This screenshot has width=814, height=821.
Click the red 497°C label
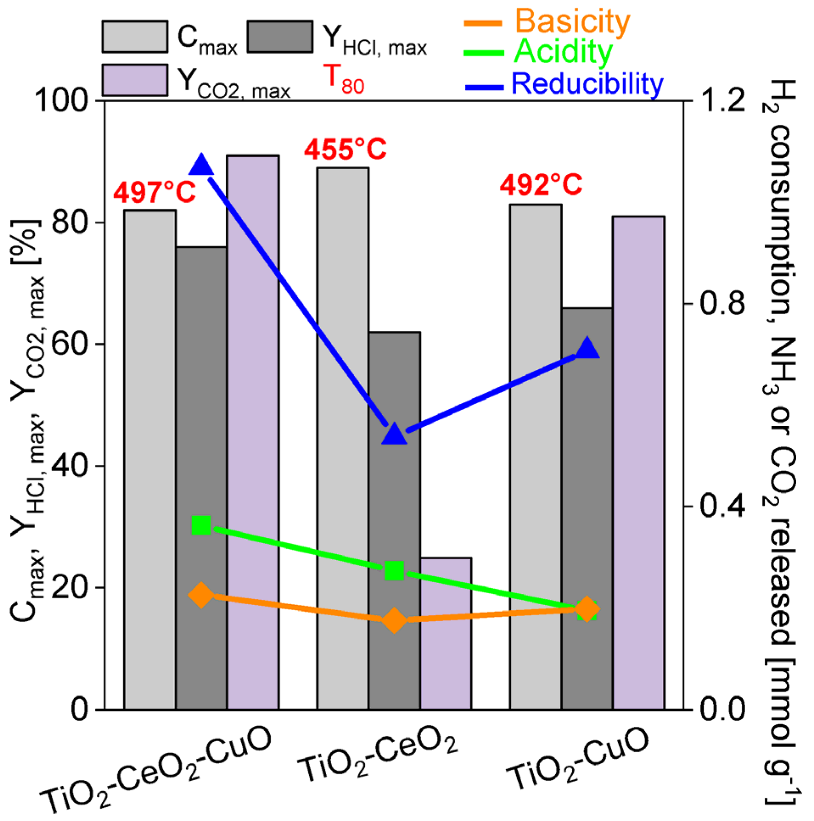click(x=154, y=192)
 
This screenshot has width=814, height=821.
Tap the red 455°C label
click(x=345, y=150)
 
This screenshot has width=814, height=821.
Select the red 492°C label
click(x=540, y=185)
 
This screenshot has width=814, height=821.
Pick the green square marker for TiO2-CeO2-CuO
click(x=201, y=526)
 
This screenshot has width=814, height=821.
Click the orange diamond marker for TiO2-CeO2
click(x=394, y=620)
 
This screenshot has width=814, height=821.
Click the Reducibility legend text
click(x=587, y=84)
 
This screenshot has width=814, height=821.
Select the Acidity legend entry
click(x=563, y=52)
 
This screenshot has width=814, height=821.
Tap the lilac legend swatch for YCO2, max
click(x=135, y=80)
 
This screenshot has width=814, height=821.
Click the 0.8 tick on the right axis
click(x=722, y=303)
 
